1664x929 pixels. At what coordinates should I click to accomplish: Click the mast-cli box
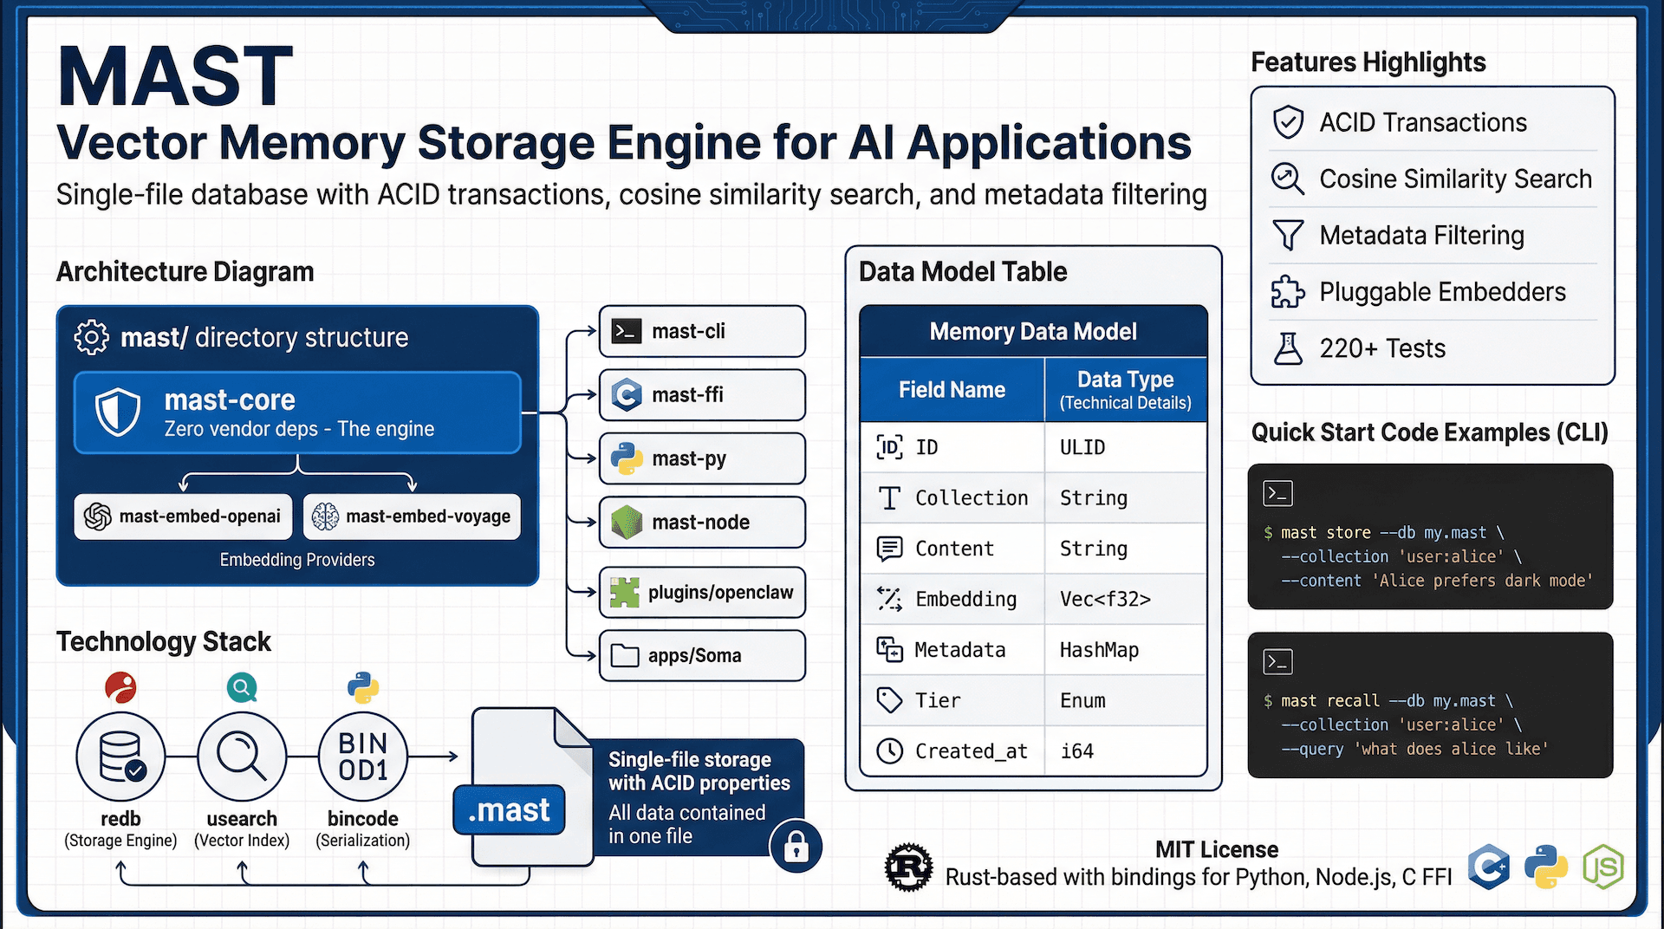(x=702, y=331)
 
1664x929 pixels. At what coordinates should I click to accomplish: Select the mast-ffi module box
(x=702, y=395)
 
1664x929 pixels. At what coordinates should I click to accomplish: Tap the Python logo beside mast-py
(x=626, y=458)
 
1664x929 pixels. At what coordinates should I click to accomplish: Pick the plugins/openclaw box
(x=702, y=593)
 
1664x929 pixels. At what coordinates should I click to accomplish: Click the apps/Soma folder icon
(x=625, y=656)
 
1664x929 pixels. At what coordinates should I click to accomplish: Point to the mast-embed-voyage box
(x=413, y=516)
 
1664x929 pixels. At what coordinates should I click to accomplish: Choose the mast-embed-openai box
(x=183, y=516)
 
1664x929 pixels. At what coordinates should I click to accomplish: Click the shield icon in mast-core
(x=118, y=412)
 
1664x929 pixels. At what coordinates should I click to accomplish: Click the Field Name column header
(x=952, y=390)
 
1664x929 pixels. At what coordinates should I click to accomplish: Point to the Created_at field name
(x=971, y=751)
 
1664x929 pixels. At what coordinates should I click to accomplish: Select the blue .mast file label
(x=510, y=810)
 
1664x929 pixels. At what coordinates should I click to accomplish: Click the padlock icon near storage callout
(x=796, y=847)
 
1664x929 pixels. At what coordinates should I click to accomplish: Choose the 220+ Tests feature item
(x=1381, y=348)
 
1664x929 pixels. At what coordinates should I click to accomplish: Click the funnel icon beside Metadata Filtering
(x=1288, y=235)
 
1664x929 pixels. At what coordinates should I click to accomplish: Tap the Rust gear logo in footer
(x=908, y=867)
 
